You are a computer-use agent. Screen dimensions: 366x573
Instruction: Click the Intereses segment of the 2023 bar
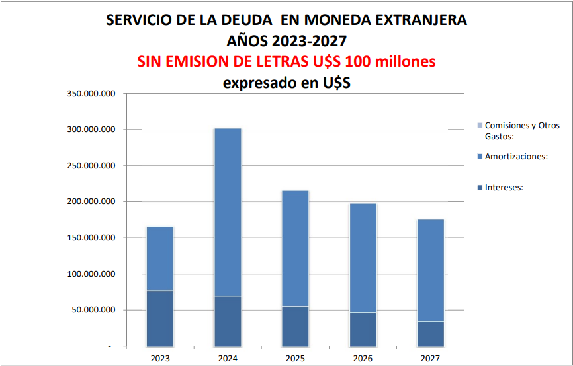[159, 318]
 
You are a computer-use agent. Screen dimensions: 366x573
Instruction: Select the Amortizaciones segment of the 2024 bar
[228, 212]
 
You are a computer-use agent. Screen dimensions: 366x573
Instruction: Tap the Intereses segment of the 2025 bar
[295, 326]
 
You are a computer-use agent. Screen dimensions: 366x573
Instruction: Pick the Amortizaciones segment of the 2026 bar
[363, 258]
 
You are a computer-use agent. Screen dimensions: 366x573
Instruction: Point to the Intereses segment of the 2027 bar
[431, 333]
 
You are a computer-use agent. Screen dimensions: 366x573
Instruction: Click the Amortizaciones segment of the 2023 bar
[159, 258]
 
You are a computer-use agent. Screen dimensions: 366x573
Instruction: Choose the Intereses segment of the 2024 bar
[228, 321]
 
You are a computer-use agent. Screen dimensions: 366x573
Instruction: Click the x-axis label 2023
[159, 357]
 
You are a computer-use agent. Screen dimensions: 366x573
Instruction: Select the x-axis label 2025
[295, 357]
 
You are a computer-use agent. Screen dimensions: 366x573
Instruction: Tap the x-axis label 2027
[431, 357]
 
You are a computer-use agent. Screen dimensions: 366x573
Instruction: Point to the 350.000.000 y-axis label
[91, 94]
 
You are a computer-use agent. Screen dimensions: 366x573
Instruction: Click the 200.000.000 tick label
[91, 201]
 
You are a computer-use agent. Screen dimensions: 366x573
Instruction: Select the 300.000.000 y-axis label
[91, 129]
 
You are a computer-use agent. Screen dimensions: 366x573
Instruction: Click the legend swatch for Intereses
[480, 187]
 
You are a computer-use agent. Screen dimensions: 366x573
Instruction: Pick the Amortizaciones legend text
[516, 156]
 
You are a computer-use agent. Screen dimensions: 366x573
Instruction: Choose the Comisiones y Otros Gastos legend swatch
[480, 125]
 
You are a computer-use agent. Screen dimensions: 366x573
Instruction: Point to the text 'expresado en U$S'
[286, 83]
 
